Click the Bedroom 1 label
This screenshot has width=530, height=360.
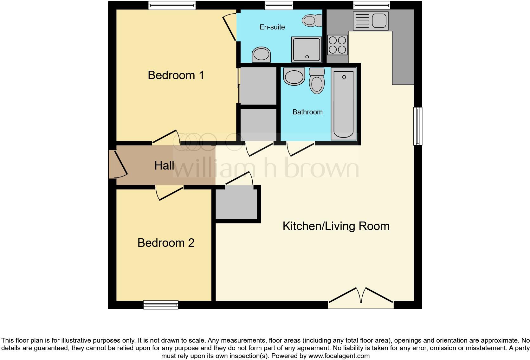[176, 75]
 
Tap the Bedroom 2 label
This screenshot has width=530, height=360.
[166, 243]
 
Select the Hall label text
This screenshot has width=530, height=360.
[164, 165]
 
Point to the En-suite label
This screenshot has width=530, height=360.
[272, 27]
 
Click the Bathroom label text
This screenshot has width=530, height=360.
[307, 112]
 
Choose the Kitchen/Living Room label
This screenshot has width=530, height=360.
[336, 226]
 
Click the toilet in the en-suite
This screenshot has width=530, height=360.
[312, 21]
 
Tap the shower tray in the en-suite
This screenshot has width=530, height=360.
[307, 50]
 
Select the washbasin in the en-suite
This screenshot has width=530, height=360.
[262, 55]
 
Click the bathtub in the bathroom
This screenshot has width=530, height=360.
[344, 104]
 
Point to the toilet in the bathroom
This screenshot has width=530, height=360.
[317, 81]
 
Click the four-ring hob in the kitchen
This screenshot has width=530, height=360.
[337, 45]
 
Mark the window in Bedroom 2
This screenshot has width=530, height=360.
[161, 305]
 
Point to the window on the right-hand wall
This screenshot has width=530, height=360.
[418, 126]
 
